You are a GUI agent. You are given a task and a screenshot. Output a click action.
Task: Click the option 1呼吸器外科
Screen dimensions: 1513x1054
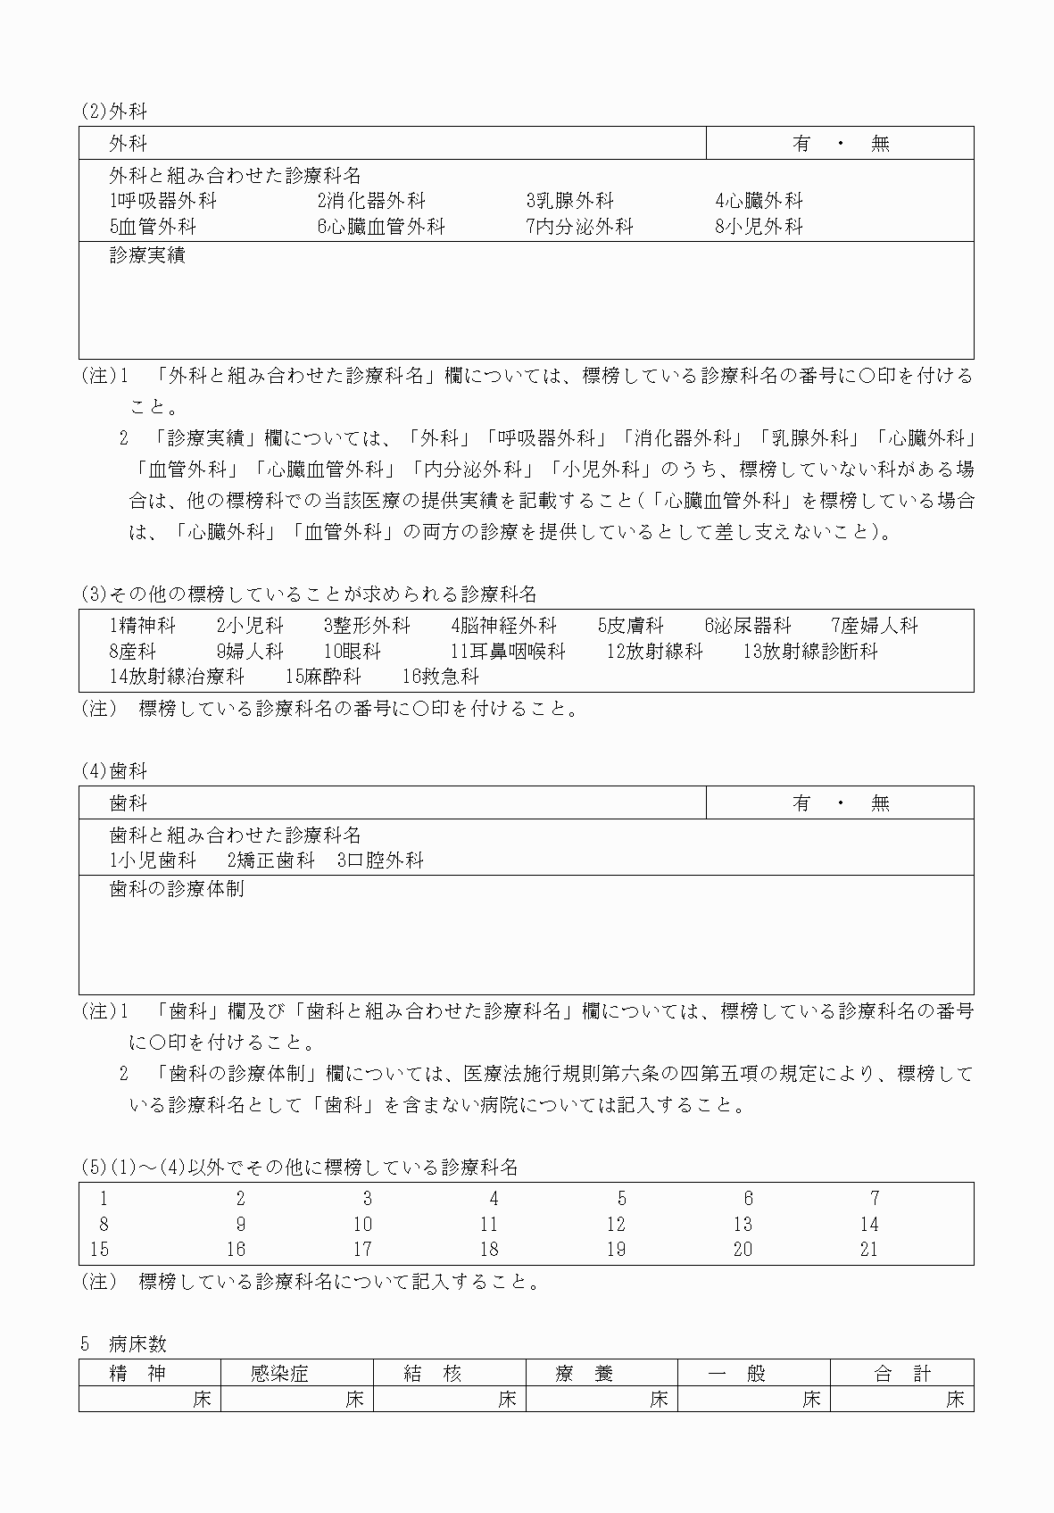click(162, 201)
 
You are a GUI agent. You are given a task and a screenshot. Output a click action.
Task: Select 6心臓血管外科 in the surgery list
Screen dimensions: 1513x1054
click(380, 227)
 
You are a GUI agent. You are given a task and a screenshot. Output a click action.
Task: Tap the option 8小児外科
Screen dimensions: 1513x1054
click(759, 227)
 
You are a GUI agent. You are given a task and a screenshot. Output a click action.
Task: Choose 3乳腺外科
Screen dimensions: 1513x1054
click(569, 201)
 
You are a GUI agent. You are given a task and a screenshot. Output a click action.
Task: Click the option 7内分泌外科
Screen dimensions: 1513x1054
click(579, 227)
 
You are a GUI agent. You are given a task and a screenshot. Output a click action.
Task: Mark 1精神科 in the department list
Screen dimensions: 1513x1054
click(143, 626)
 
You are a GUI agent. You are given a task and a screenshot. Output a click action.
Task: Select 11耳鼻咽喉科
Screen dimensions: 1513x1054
click(508, 652)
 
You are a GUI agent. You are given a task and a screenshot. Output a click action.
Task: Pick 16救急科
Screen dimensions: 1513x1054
click(441, 677)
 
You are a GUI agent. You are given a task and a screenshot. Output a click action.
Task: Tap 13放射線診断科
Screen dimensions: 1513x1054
click(810, 652)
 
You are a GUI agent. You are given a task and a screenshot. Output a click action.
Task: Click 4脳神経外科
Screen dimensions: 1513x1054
click(503, 626)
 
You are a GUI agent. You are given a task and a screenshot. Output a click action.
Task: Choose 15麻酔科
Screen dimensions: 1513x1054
click(323, 677)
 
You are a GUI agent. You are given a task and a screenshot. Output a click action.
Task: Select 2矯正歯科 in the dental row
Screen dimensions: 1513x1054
click(271, 860)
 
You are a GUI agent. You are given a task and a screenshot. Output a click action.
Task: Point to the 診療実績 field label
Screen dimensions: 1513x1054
click(147, 255)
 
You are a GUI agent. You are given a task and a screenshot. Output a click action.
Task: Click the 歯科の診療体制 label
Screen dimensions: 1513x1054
click(177, 889)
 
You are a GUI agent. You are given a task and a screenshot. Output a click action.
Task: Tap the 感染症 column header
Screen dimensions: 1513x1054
click(279, 1374)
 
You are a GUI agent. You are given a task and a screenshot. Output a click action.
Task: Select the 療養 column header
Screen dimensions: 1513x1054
click(585, 1374)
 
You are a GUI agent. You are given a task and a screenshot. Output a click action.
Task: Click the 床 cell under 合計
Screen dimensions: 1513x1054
click(955, 1399)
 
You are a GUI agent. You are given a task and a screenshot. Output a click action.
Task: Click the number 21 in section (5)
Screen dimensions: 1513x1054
click(869, 1250)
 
